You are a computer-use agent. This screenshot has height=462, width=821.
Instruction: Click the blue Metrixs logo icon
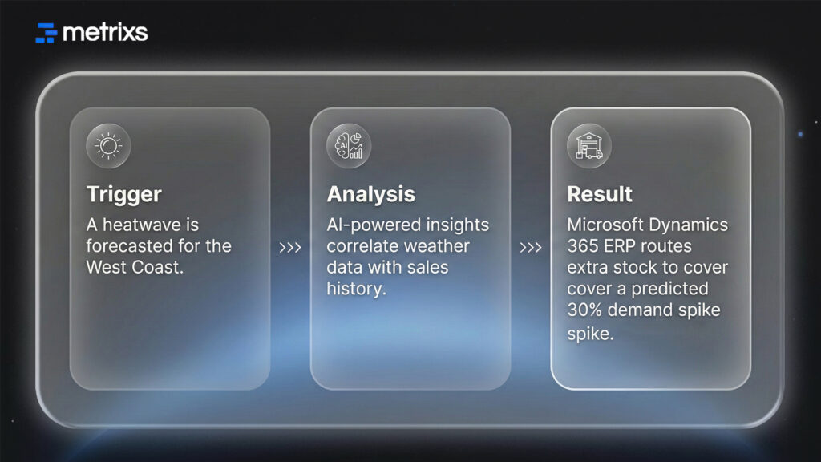[x=47, y=33]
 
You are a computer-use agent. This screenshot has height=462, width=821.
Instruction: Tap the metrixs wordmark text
[x=104, y=33]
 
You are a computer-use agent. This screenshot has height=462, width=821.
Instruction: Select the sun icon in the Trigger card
[x=108, y=146]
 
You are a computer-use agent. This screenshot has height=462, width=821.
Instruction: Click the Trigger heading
[x=123, y=194]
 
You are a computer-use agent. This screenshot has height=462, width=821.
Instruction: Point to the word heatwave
[x=149, y=225]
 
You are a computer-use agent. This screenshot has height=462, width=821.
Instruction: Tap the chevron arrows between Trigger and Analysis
[x=290, y=247]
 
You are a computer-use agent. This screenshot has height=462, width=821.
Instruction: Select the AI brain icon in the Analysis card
[x=349, y=146]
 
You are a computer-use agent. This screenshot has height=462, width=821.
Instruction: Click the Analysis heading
[x=370, y=194]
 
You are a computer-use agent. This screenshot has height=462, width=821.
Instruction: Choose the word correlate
[x=361, y=246]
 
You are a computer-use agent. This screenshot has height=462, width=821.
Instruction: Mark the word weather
[x=435, y=246]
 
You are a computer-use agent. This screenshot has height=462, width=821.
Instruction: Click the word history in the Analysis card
[x=356, y=288]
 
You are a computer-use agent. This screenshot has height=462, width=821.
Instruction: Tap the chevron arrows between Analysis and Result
[x=531, y=247]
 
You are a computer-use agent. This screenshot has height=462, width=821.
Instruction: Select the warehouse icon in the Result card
[x=589, y=146]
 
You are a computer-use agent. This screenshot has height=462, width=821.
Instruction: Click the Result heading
[x=600, y=194]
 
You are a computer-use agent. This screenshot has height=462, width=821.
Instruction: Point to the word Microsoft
[x=601, y=225]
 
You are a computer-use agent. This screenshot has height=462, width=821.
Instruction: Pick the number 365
[x=582, y=246]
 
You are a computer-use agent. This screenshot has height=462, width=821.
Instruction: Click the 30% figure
[x=585, y=310]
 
